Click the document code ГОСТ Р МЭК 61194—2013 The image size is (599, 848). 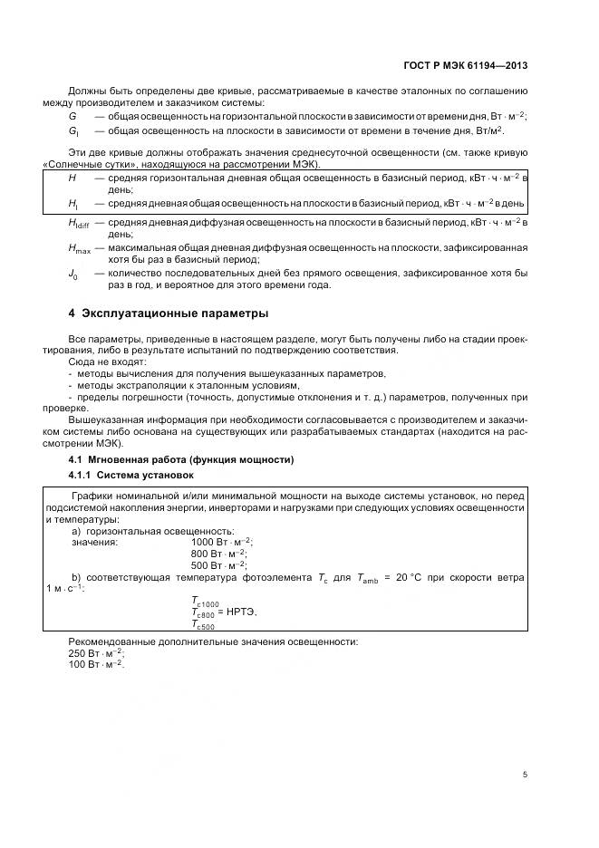(x=465, y=65)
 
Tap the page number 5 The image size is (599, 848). (x=525, y=774)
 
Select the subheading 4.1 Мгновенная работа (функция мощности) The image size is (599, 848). (x=181, y=460)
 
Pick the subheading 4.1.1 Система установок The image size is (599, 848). (x=130, y=475)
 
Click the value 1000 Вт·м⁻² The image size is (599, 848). (x=221, y=542)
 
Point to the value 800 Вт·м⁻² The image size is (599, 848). (x=218, y=553)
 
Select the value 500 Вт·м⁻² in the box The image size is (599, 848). (x=218, y=564)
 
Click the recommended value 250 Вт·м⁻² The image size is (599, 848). (x=97, y=653)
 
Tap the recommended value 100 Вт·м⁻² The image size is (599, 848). (x=97, y=665)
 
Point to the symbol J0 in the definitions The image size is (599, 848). (x=73, y=274)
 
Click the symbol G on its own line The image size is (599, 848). (x=72, y=118)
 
